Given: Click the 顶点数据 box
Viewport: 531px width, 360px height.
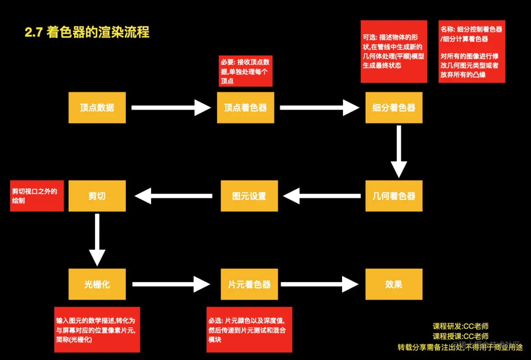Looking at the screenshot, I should click(x=97, y=108).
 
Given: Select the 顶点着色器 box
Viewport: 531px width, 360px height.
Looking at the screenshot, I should click(x=245, y=108).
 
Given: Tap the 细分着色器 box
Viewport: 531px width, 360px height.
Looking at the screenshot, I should click(x=394, y=108).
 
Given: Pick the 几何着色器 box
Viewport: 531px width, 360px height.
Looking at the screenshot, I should click(x=394, y=196).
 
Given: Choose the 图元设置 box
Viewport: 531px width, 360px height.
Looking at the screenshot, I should click(x=249, y=196).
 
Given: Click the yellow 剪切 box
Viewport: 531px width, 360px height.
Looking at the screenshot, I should click(x=97, y=196).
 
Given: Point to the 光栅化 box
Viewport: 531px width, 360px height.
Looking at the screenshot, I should click(x=97, y=284).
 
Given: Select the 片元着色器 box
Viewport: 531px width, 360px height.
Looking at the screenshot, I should click(x=249, y=284).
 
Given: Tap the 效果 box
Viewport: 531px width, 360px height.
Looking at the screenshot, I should click(x=394, y=284).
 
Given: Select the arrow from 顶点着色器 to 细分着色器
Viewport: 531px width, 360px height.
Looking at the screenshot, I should click(x=319, y=108).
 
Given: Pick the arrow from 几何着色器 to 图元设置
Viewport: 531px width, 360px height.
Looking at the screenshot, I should click(x=322, y=196).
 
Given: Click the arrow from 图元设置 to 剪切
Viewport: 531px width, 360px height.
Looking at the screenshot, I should click(x=173, y=196).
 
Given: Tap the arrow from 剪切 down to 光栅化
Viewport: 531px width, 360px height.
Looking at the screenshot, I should click(x=97, y=239).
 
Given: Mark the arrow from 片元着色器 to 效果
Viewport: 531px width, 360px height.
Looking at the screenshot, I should click(x=319, y=284).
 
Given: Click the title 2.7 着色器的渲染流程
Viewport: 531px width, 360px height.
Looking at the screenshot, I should click(x=87, y=33).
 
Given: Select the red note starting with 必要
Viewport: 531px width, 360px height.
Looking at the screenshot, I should click(x=245, y=71).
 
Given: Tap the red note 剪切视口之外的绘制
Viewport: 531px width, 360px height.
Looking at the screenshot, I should click(x=37, y=196).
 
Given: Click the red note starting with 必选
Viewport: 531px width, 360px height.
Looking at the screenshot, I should click(x=249, y=329).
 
